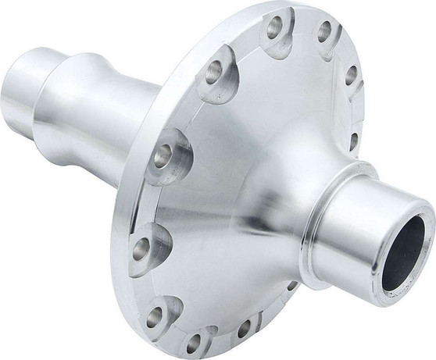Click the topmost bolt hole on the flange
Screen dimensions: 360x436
click(275, 27)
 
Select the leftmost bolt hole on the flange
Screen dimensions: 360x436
click(141, 250)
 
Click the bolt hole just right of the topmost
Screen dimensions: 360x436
click(323, 33)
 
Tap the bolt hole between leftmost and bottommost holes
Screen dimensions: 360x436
click(155, 316)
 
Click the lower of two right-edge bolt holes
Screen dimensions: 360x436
click(355, 141)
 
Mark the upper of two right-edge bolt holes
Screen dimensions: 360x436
click(352, 75)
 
